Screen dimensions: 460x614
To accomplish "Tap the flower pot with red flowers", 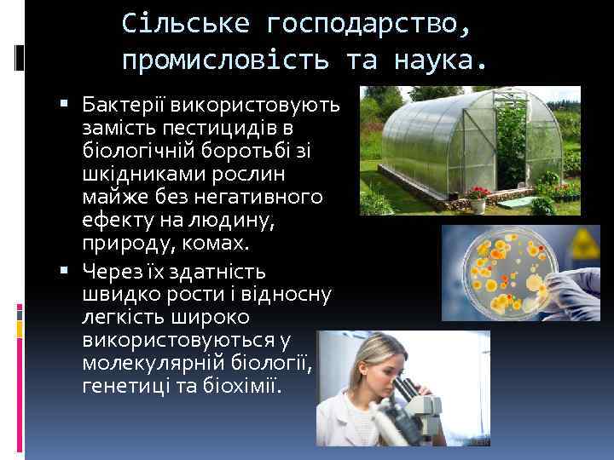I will point(480,199).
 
